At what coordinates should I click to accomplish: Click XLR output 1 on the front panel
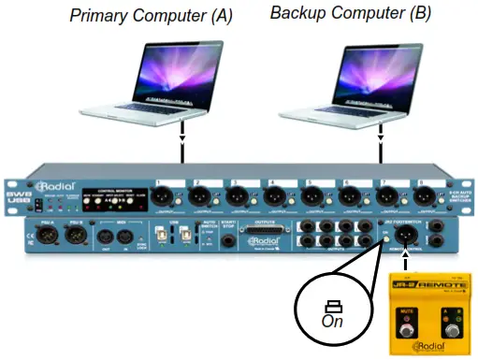click(x=162, y=195)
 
